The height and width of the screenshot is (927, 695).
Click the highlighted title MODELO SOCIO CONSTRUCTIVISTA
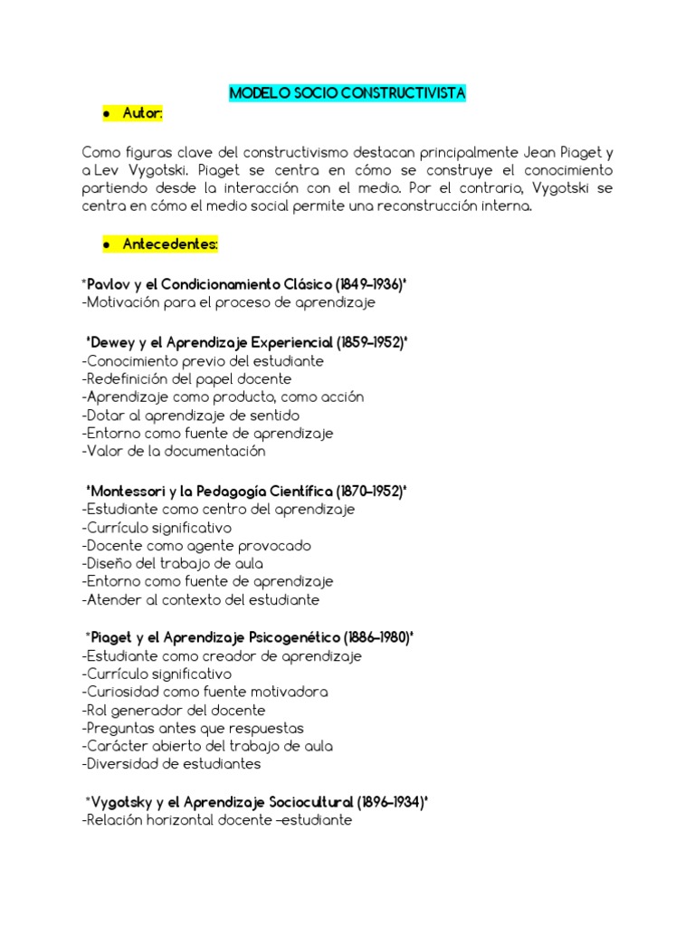(x=347, y=93)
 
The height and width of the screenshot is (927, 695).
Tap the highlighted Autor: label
(x=143, y=113)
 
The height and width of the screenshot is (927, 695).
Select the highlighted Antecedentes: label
(x=171, y=244)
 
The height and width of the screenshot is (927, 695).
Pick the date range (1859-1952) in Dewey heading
(x=370, y=343)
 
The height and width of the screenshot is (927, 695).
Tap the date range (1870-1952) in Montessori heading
(x=369, y=491)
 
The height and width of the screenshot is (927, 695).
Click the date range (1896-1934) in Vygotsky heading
(x=391, y=803)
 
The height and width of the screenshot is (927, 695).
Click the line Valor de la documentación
(x=174, y=451)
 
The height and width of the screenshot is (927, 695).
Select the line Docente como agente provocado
(x=196, y=546)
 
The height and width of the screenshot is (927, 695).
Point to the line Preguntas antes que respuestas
(x=193, y=728)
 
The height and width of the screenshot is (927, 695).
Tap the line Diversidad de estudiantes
(x=171, y=764)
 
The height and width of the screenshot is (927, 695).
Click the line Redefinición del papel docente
(x=186, y=379)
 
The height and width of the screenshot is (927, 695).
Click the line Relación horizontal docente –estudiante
(x=216, y=821)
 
